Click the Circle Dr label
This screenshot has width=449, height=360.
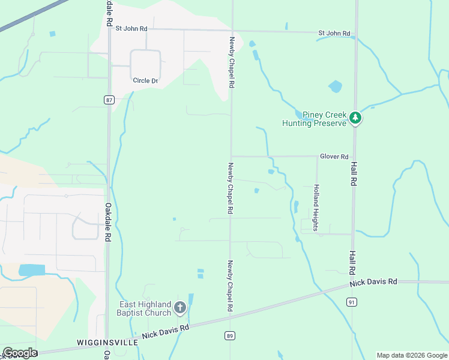coord(145,80)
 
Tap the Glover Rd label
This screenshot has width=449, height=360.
coord(334,157)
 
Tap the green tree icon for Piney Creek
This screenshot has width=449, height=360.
coord(356,118)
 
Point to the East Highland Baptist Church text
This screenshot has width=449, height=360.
coord(145,308)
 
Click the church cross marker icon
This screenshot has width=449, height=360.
coord(179,308)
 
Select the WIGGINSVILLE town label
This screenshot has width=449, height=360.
coord(107,342)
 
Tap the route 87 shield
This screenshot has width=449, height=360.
coord(108,100)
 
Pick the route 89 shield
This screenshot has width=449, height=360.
coord(230,336)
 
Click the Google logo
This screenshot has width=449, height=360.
coord(19,353)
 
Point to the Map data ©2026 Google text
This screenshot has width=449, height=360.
coord(412,355)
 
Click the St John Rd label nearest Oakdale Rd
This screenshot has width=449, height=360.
coord(131,28)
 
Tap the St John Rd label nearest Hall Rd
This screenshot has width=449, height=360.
coord(334,33)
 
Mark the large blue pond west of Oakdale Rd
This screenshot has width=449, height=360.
coord(32,270)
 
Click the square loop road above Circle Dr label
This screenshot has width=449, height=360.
coord(146,62)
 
